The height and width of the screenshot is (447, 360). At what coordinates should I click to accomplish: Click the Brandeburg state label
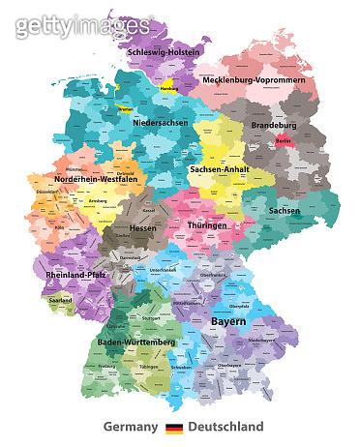coord(274,125)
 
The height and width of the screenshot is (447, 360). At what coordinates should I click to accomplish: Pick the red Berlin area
coord(283,141)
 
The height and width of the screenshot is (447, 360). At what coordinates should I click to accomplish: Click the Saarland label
coord(61,300)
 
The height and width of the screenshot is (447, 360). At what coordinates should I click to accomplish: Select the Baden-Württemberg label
coord(137,343)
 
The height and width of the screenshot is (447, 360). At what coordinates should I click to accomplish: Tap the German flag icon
coord(174,427)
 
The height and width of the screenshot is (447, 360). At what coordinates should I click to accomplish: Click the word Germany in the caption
coord(131,427)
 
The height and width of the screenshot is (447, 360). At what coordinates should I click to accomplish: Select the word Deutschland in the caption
coord(225,427)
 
